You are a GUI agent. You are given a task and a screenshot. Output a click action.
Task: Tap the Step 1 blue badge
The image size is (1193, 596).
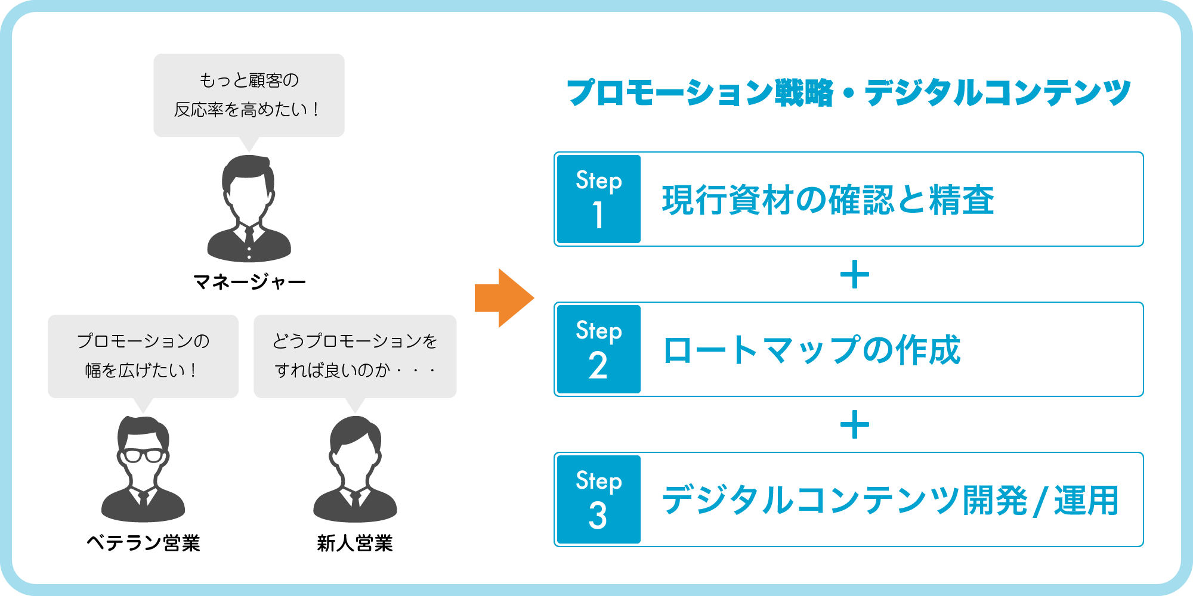pos(599,199)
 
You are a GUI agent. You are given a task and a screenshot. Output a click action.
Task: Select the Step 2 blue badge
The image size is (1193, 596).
pos(599,349)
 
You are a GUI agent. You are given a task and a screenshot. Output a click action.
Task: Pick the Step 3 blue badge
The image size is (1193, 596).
pos(599,499)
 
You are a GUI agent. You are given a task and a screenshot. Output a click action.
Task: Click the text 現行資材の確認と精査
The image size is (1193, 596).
pos(828,200)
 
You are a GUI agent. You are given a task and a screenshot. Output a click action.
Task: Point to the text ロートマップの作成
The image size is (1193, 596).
pos(812,350)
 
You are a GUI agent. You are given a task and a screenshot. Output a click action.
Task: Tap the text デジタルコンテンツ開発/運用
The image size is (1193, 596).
pos(890,500)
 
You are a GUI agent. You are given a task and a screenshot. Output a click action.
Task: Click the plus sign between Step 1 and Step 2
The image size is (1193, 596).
pos(855,274)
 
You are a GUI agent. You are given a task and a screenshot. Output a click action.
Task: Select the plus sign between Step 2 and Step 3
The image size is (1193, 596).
pos(855,424)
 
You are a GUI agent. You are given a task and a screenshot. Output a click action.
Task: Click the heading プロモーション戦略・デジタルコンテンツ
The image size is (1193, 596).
pos(849,93)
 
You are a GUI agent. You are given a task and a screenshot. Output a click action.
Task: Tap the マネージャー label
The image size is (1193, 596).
pos(249,281)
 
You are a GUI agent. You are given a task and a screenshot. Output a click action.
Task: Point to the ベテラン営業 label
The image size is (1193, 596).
pos(143,543)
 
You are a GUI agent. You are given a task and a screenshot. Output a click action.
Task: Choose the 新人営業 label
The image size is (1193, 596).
pos(355,543)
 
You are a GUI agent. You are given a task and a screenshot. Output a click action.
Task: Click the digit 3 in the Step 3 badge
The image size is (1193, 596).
pos(598,516)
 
